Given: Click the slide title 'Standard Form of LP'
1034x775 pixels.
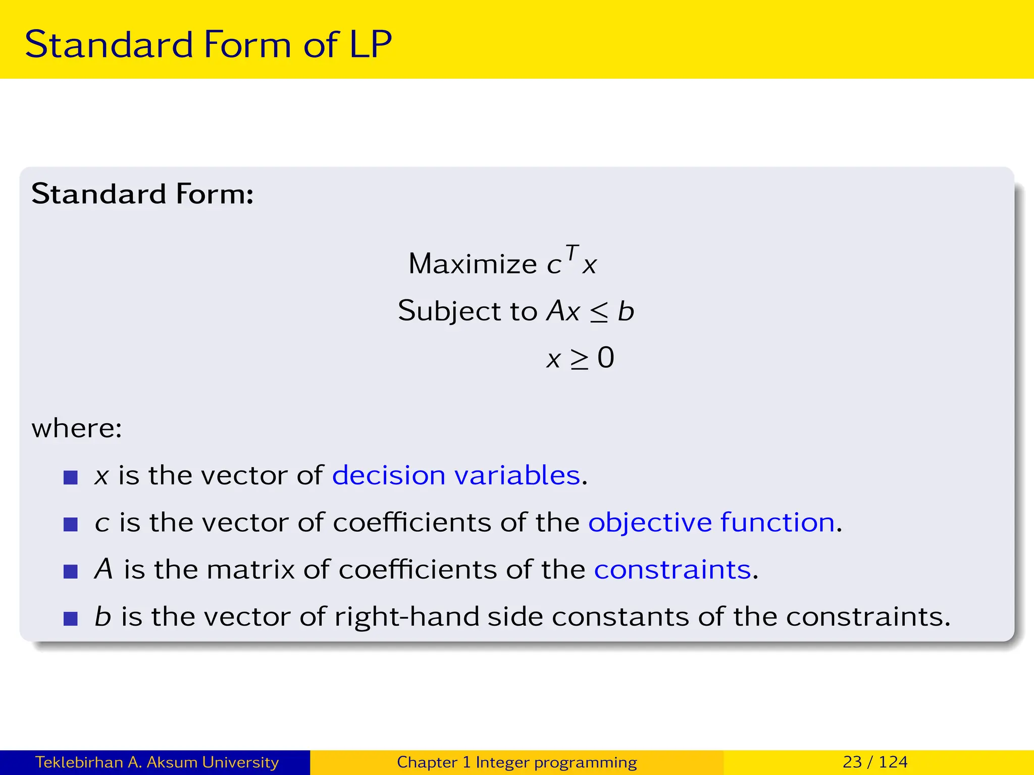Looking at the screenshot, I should tap(208, 44).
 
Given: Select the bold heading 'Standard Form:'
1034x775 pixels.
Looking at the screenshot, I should tap(142, 194).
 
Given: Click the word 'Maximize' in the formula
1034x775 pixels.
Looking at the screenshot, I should tap(473, 264).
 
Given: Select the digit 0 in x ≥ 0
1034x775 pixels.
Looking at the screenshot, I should tap(606, 358).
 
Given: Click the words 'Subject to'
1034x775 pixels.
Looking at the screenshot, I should tap(468, 311).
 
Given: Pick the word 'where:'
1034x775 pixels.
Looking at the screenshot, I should tap(77, 428).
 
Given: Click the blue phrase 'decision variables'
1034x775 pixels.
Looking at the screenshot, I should tap(456, 475).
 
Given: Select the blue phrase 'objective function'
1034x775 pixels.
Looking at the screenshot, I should tap(711, 522).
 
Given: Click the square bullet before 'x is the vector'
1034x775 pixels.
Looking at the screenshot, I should tap(71, 477).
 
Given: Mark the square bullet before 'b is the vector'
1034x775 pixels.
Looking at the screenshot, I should tap(71, 619).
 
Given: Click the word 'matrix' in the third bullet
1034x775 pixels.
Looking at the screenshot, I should tap(250, 570).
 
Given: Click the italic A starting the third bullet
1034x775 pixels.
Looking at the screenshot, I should tap(104, 569).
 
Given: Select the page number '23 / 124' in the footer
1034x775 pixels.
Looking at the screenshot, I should tap(875, 762).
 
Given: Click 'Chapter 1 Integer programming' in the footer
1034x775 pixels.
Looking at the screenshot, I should tap(516, 762).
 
